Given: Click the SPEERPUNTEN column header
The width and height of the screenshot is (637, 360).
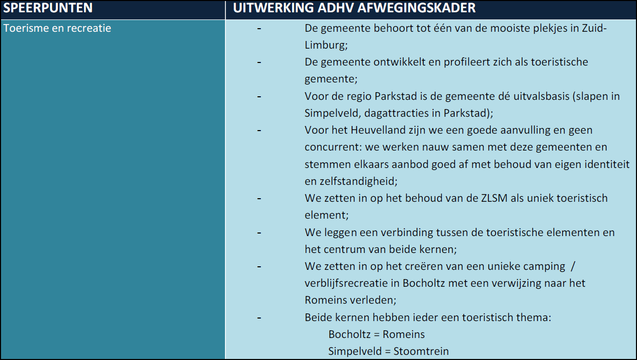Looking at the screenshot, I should click(x=48, y=9).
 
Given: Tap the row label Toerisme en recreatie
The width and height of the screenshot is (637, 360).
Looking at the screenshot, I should click(x=57, y=28).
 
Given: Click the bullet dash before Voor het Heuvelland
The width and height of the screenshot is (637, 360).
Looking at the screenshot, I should click(x=259, y=130).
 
